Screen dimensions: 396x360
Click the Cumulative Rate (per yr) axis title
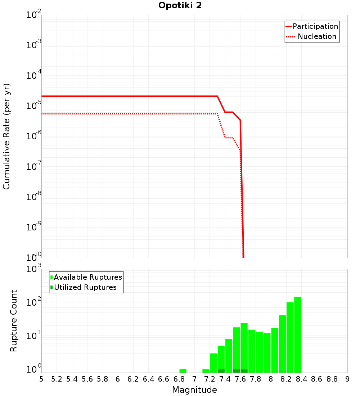click(6, 136)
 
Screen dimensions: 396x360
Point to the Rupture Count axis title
click(14, 321)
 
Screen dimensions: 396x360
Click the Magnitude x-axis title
click(194, 390)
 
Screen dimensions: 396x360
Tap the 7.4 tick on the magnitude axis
click(225, 379)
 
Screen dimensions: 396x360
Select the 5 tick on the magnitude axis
click(41, 379)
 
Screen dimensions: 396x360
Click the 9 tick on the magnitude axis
click(347, 379)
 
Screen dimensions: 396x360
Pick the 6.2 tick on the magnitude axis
click(133, 379)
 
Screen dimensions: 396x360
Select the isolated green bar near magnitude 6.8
click(183, 371)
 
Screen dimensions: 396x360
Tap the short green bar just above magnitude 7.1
click(206, 371)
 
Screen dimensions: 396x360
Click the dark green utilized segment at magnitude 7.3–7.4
click(221, 371)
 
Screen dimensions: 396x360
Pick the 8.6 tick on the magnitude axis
click(317, 379)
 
